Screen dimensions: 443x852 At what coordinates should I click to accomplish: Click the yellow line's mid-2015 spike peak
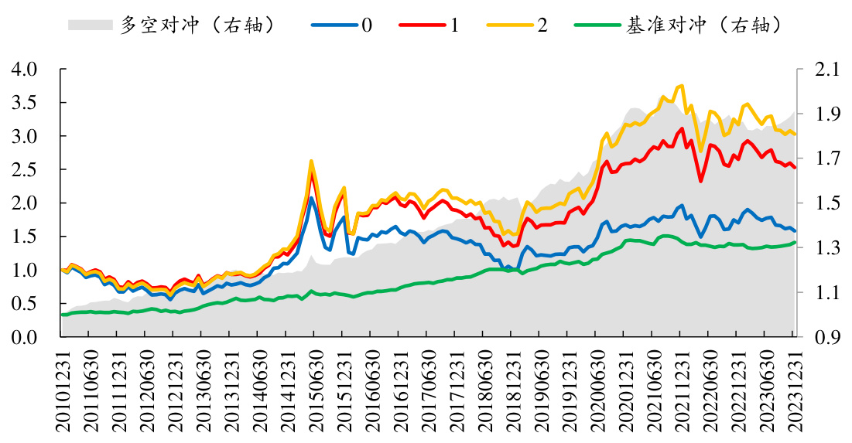[x=311, y=161]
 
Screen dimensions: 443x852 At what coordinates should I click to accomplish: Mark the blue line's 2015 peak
[x=311, y=198]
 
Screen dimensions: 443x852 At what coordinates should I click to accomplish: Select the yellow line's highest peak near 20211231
[x=681, y=85]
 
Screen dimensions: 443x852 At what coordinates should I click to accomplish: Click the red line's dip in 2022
[x=700, y=182]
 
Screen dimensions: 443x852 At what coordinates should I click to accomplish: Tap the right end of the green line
[x=795, y=243]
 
